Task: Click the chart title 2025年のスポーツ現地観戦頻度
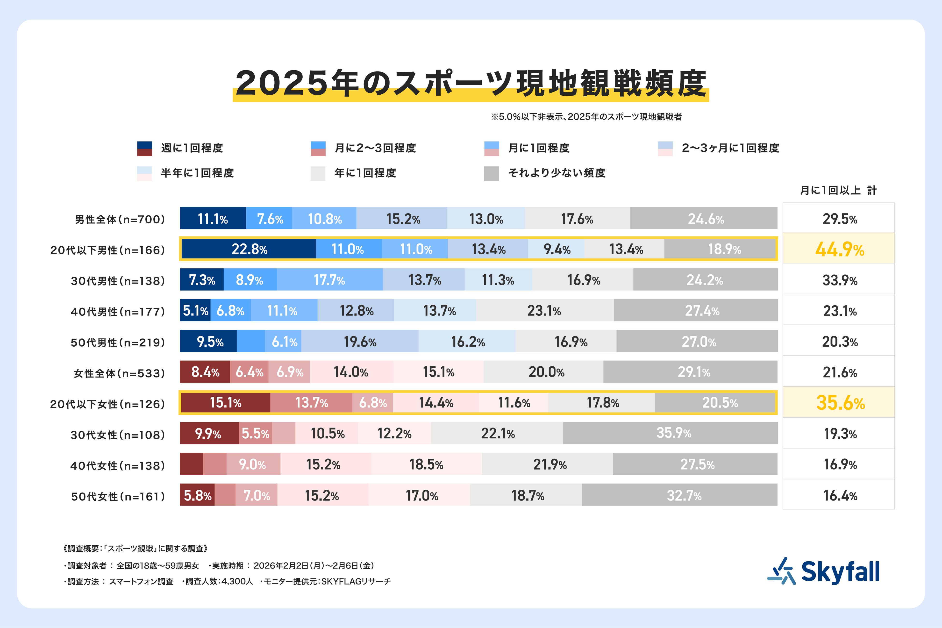coord(471,83)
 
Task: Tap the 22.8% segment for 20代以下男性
coord(249,249)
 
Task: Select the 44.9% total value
coord(840,249)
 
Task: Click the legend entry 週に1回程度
coord(192,148)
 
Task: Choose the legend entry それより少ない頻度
coord(557,173)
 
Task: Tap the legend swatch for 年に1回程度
coord(318,173)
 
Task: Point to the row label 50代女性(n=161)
coord(118,497)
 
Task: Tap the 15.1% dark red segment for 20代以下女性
coord(226,402)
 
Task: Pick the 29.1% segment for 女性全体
coord(694,372)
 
